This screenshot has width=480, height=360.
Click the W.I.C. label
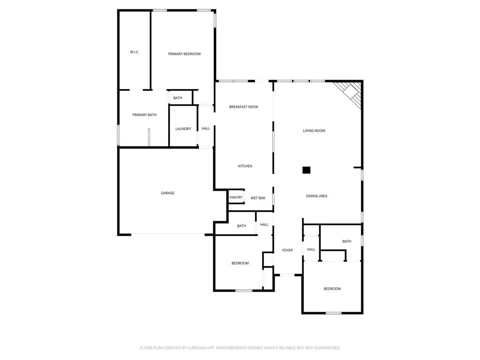click(x=135, y=52)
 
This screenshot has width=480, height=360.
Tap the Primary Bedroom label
click(x=184, y=54)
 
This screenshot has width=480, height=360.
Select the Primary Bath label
click(x=144, y=115)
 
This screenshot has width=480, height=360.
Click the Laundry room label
click(x=183, y=129)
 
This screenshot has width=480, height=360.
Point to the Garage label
click(x=167, y=193)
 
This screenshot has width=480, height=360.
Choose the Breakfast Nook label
click(x=243, y=107)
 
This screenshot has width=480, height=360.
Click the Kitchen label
click(x=245, y=166)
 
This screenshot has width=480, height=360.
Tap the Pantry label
click(x=236, y=198)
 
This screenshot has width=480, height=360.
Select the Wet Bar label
click(x=258, y=198)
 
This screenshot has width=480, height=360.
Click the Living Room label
click(x=314, y=131)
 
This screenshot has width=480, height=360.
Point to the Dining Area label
click(x=316, y=196)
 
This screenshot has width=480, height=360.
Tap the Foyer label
click(x=287, y=250)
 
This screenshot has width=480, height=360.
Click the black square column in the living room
click(x=306, y=170)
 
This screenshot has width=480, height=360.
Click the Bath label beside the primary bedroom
click(x=178, y=98)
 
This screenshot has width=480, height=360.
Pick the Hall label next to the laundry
click(x=206, y=128)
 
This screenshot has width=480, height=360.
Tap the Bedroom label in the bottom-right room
click(x=332, y=289)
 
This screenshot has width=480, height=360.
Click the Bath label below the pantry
click(x=241, y=226)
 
